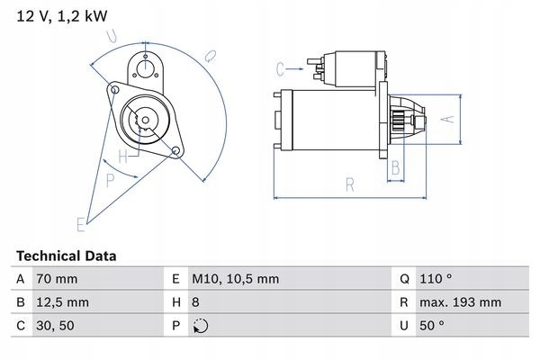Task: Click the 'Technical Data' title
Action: tap(65, 256)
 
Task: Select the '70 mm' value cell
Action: tap(57, 280)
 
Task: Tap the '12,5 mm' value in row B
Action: tap(61, 303)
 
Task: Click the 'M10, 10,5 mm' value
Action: tap(233, 280)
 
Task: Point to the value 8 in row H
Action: tap(198, 303)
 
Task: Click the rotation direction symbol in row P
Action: tap(201, 327)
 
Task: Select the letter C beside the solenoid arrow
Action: tap(280, 68)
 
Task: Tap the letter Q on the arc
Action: tap(209, 56)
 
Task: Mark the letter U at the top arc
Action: tap(112, 36)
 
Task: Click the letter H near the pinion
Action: tap(134, 153)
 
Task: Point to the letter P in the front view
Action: tap(110, 179)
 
